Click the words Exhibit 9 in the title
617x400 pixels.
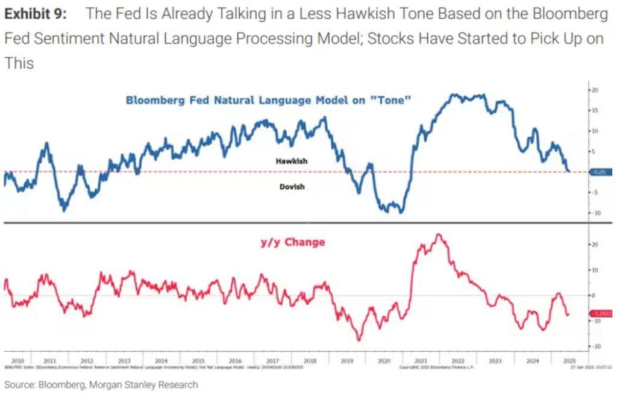[x=36, y=14]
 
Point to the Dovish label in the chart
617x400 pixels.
[x=292, y=187]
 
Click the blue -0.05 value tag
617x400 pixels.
[x=599, y=172]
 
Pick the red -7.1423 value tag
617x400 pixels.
[x=600, y=314]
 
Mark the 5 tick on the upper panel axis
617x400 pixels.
[x=595, y=151]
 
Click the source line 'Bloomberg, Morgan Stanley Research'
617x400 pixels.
[x=101, y=384]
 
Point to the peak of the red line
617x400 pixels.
[x=439, y=234]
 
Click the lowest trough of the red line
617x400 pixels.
[x=360, y=341]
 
